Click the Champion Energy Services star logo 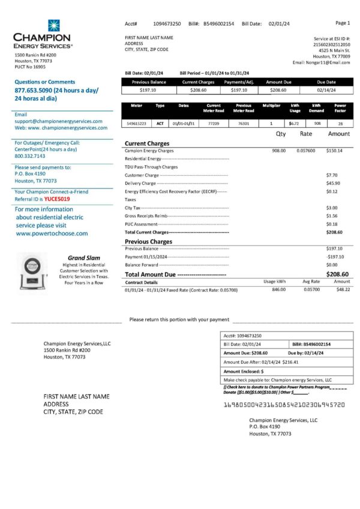[54, 25]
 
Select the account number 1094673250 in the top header [167, 23]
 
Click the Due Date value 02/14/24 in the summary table [326, 90]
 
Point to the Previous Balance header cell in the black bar [149, 82]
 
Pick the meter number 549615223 [137, 123]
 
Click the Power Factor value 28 [340, 123]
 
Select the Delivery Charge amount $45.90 [333, 183]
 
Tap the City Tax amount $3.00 [332, 208]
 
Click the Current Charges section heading [146, 143]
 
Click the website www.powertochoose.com [52, 233]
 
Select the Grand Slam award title [79, 258]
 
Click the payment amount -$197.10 [334, 256]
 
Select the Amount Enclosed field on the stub [246, 372]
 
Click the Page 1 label [343, 23]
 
